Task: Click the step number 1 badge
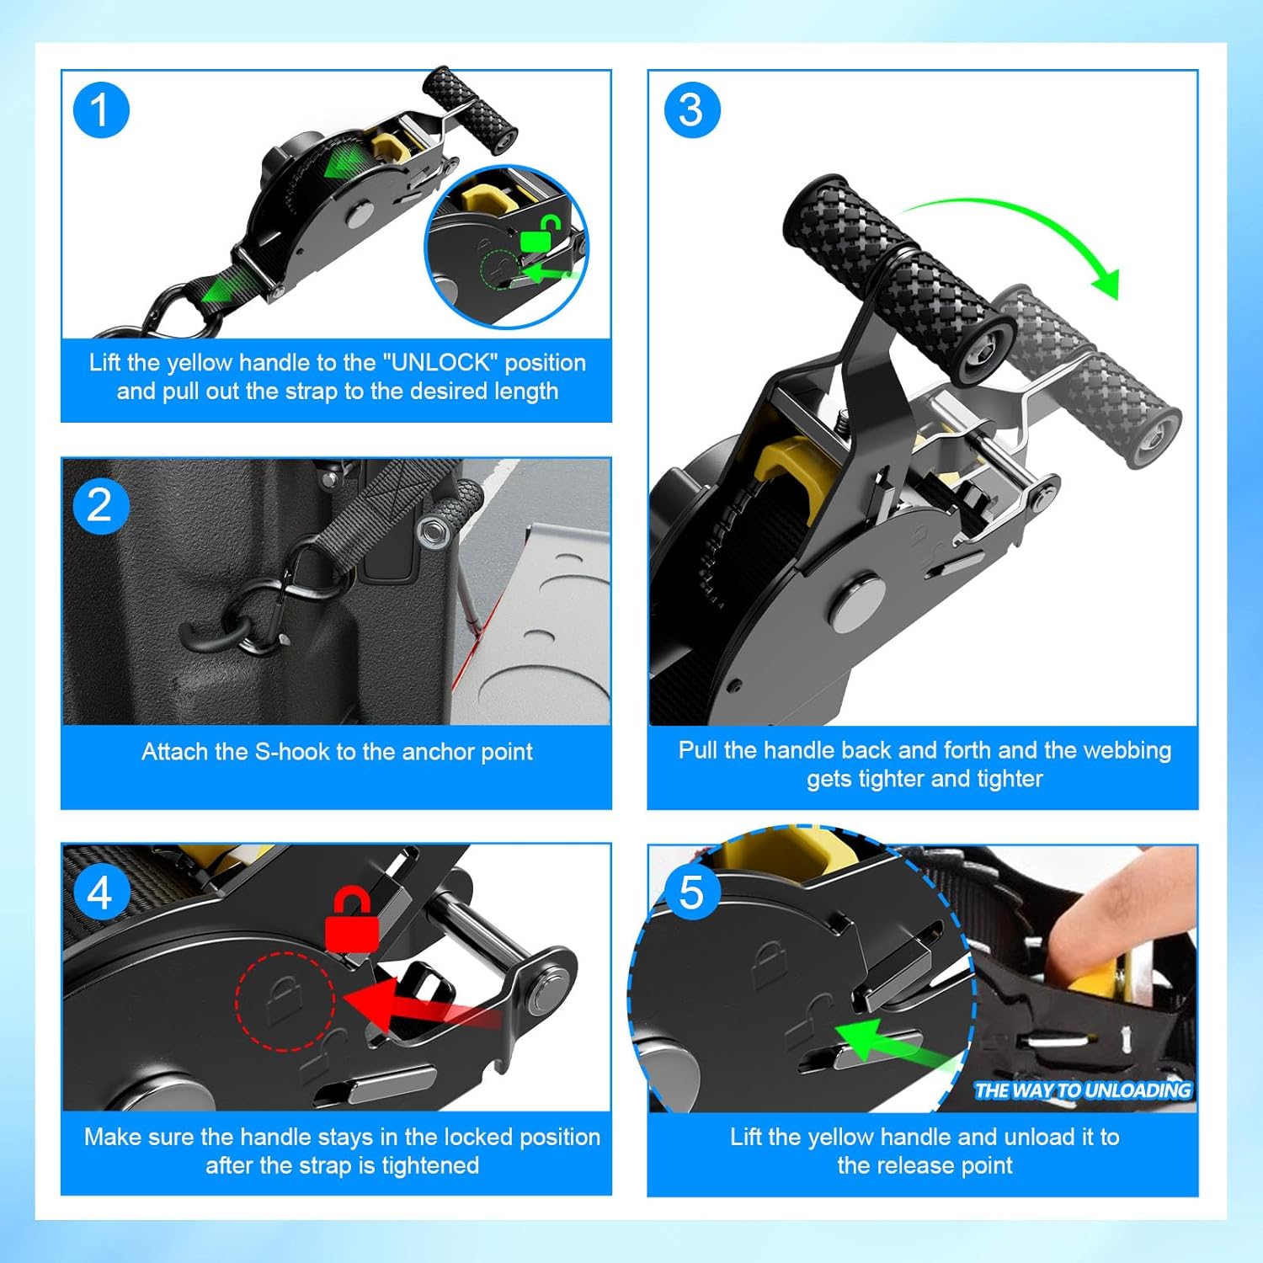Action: pyautogui.click(x=101, y=110)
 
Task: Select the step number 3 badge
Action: pyautogui.click(x=692, y=110)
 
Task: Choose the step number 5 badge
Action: pyautogui.click(x=692, y=893)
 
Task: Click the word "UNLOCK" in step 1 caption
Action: pyautogui.click(x=440, y=363)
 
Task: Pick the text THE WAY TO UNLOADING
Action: pyautogui.click(x=1083, y=1090)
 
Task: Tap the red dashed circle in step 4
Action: pyautogui.click(x=285, y=1001)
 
